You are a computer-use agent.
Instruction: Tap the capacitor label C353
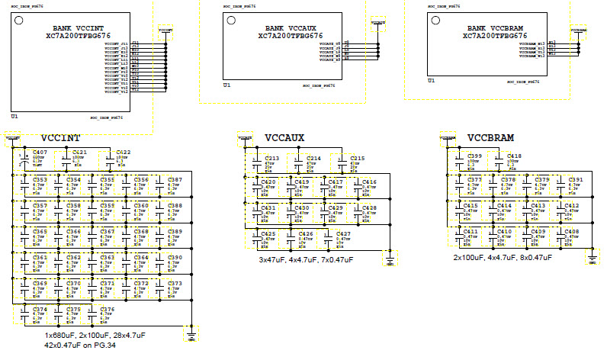point(40,180)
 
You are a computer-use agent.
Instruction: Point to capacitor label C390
point(175,258)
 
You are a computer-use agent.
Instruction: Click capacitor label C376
point(108,310)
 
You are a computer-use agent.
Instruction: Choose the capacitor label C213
point(271,158)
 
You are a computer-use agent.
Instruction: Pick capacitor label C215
point(357,158)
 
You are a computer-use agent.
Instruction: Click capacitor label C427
point(343,234)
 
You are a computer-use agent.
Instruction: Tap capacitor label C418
point(514,156)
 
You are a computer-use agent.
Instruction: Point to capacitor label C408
point(571,231)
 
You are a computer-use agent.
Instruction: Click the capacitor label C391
point(576,180)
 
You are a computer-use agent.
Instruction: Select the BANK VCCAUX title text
point(285,27)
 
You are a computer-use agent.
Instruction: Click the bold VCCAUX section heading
point(284,139)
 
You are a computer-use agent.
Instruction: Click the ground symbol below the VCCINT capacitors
point(191,334)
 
